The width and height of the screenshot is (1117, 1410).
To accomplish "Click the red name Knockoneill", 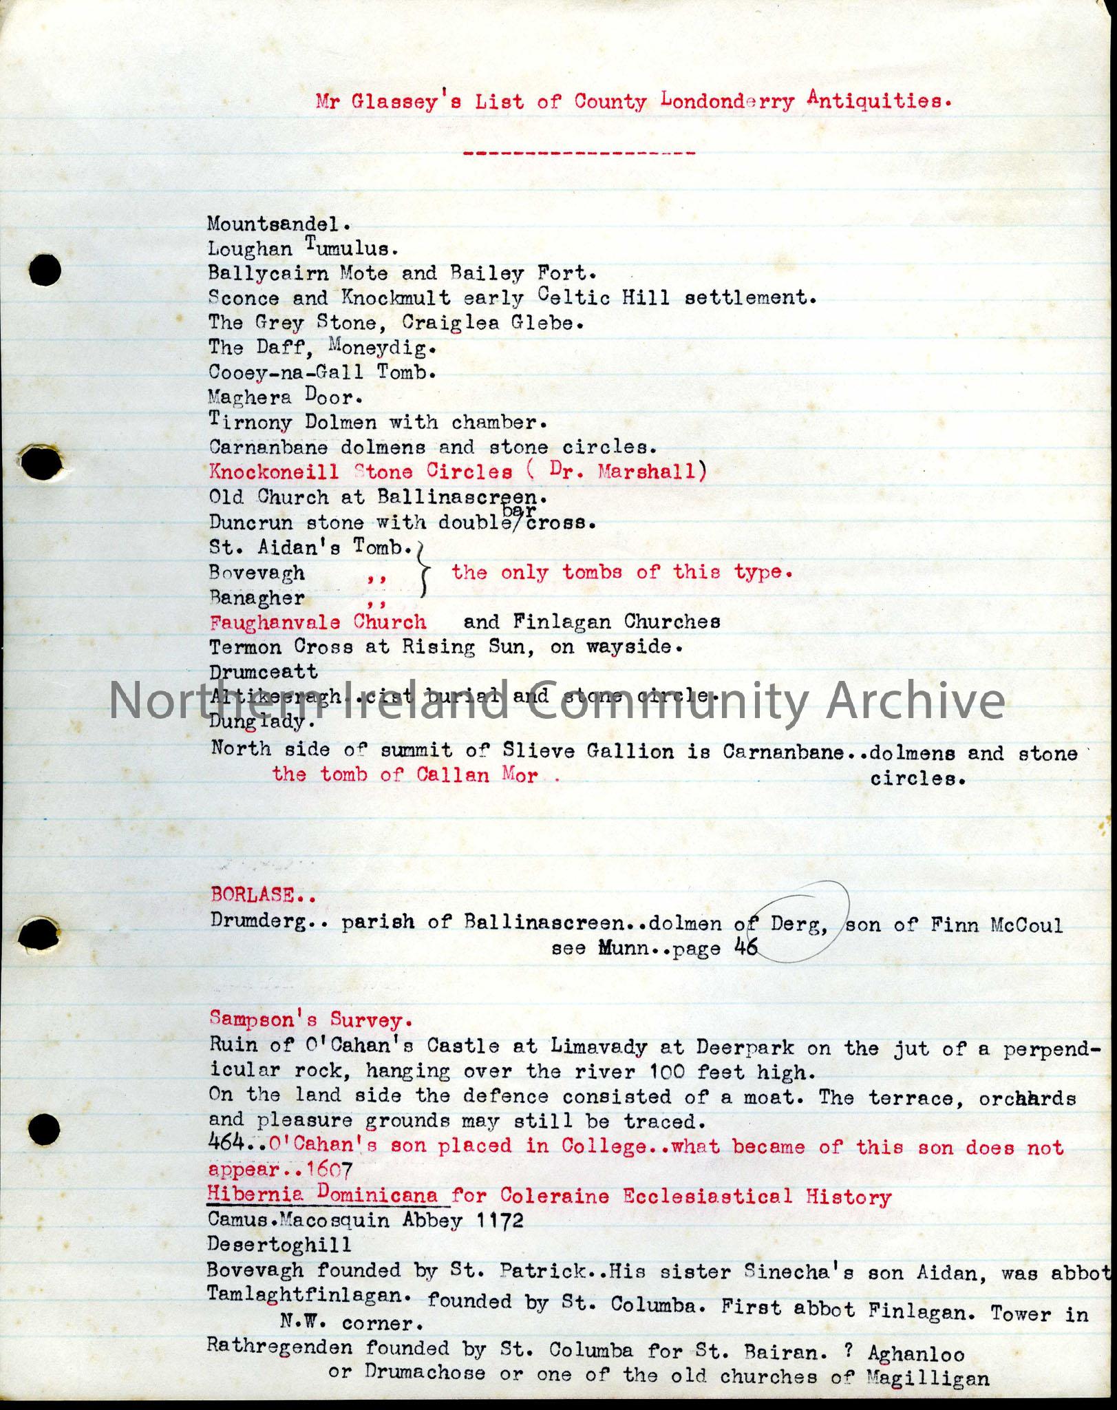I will pos(274,472).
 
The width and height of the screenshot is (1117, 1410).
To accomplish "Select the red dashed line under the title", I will pos(579,153).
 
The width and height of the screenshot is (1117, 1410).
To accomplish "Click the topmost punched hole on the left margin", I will pos(45,271).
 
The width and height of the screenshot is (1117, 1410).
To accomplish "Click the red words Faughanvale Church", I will pos(318,622).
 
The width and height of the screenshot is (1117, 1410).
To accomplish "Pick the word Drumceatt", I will pos(263,672).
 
